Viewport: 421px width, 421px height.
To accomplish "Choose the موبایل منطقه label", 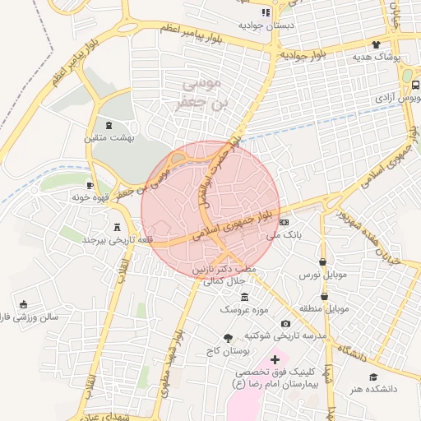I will [324, 308].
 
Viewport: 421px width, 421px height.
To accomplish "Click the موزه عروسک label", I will [243, 308].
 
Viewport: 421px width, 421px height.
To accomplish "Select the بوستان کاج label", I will [229, 351].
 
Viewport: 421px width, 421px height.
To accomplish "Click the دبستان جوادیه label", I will [266, 25].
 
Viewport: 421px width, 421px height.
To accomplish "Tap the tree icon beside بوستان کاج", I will [228, 338].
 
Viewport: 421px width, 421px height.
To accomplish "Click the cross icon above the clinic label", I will [275, 359].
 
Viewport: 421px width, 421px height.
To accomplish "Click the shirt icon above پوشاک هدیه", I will [377, 44].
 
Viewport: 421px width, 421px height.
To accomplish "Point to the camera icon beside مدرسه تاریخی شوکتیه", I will [285, 324].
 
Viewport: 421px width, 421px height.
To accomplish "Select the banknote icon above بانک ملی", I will [285, 222].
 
